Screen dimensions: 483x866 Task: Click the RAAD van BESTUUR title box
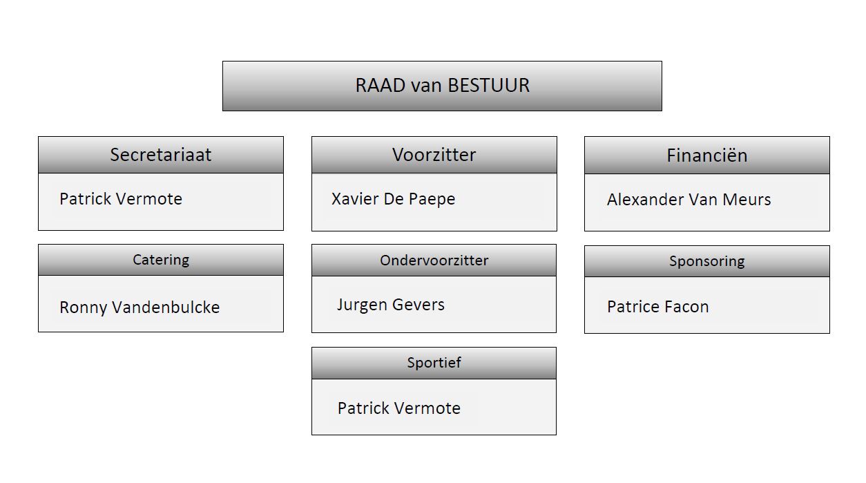442,86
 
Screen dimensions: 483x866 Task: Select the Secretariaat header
160,155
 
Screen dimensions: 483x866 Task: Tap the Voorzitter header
434,155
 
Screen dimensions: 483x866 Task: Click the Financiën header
706,155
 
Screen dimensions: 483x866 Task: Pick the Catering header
160,260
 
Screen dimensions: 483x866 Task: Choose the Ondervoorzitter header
434,261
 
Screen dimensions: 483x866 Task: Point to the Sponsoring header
706,261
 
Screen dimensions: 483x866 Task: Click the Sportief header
434,363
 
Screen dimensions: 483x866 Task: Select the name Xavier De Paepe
393,199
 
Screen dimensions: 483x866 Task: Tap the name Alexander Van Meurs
689,200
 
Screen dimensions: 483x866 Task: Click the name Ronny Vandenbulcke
139,307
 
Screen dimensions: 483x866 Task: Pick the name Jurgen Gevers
390,305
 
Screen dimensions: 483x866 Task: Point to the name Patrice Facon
657,307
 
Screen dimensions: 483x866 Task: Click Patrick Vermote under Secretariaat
121,199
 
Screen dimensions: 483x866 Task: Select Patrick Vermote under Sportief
398,408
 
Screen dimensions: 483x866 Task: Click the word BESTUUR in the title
489,86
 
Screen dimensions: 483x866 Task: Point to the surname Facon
686,307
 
